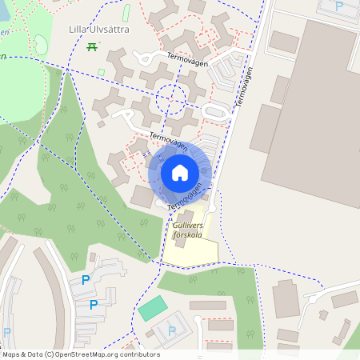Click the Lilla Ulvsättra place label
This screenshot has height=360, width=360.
(x=99, y=30)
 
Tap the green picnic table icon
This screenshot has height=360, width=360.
(x=92, y=47)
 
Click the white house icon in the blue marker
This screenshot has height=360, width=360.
(x=180, y=172)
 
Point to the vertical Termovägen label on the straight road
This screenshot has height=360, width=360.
(x=245, y=88)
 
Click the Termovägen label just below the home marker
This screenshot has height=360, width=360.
(x=185, y=194)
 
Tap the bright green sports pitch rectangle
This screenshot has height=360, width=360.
(x=152, y=308)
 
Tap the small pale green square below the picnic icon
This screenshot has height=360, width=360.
(x=102, y=72)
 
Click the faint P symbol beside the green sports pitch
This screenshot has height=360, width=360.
(x=171, y=330)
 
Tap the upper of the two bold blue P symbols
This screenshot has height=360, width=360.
(x=86, y=280)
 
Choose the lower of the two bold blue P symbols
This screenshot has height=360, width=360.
(x=94, y=304)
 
